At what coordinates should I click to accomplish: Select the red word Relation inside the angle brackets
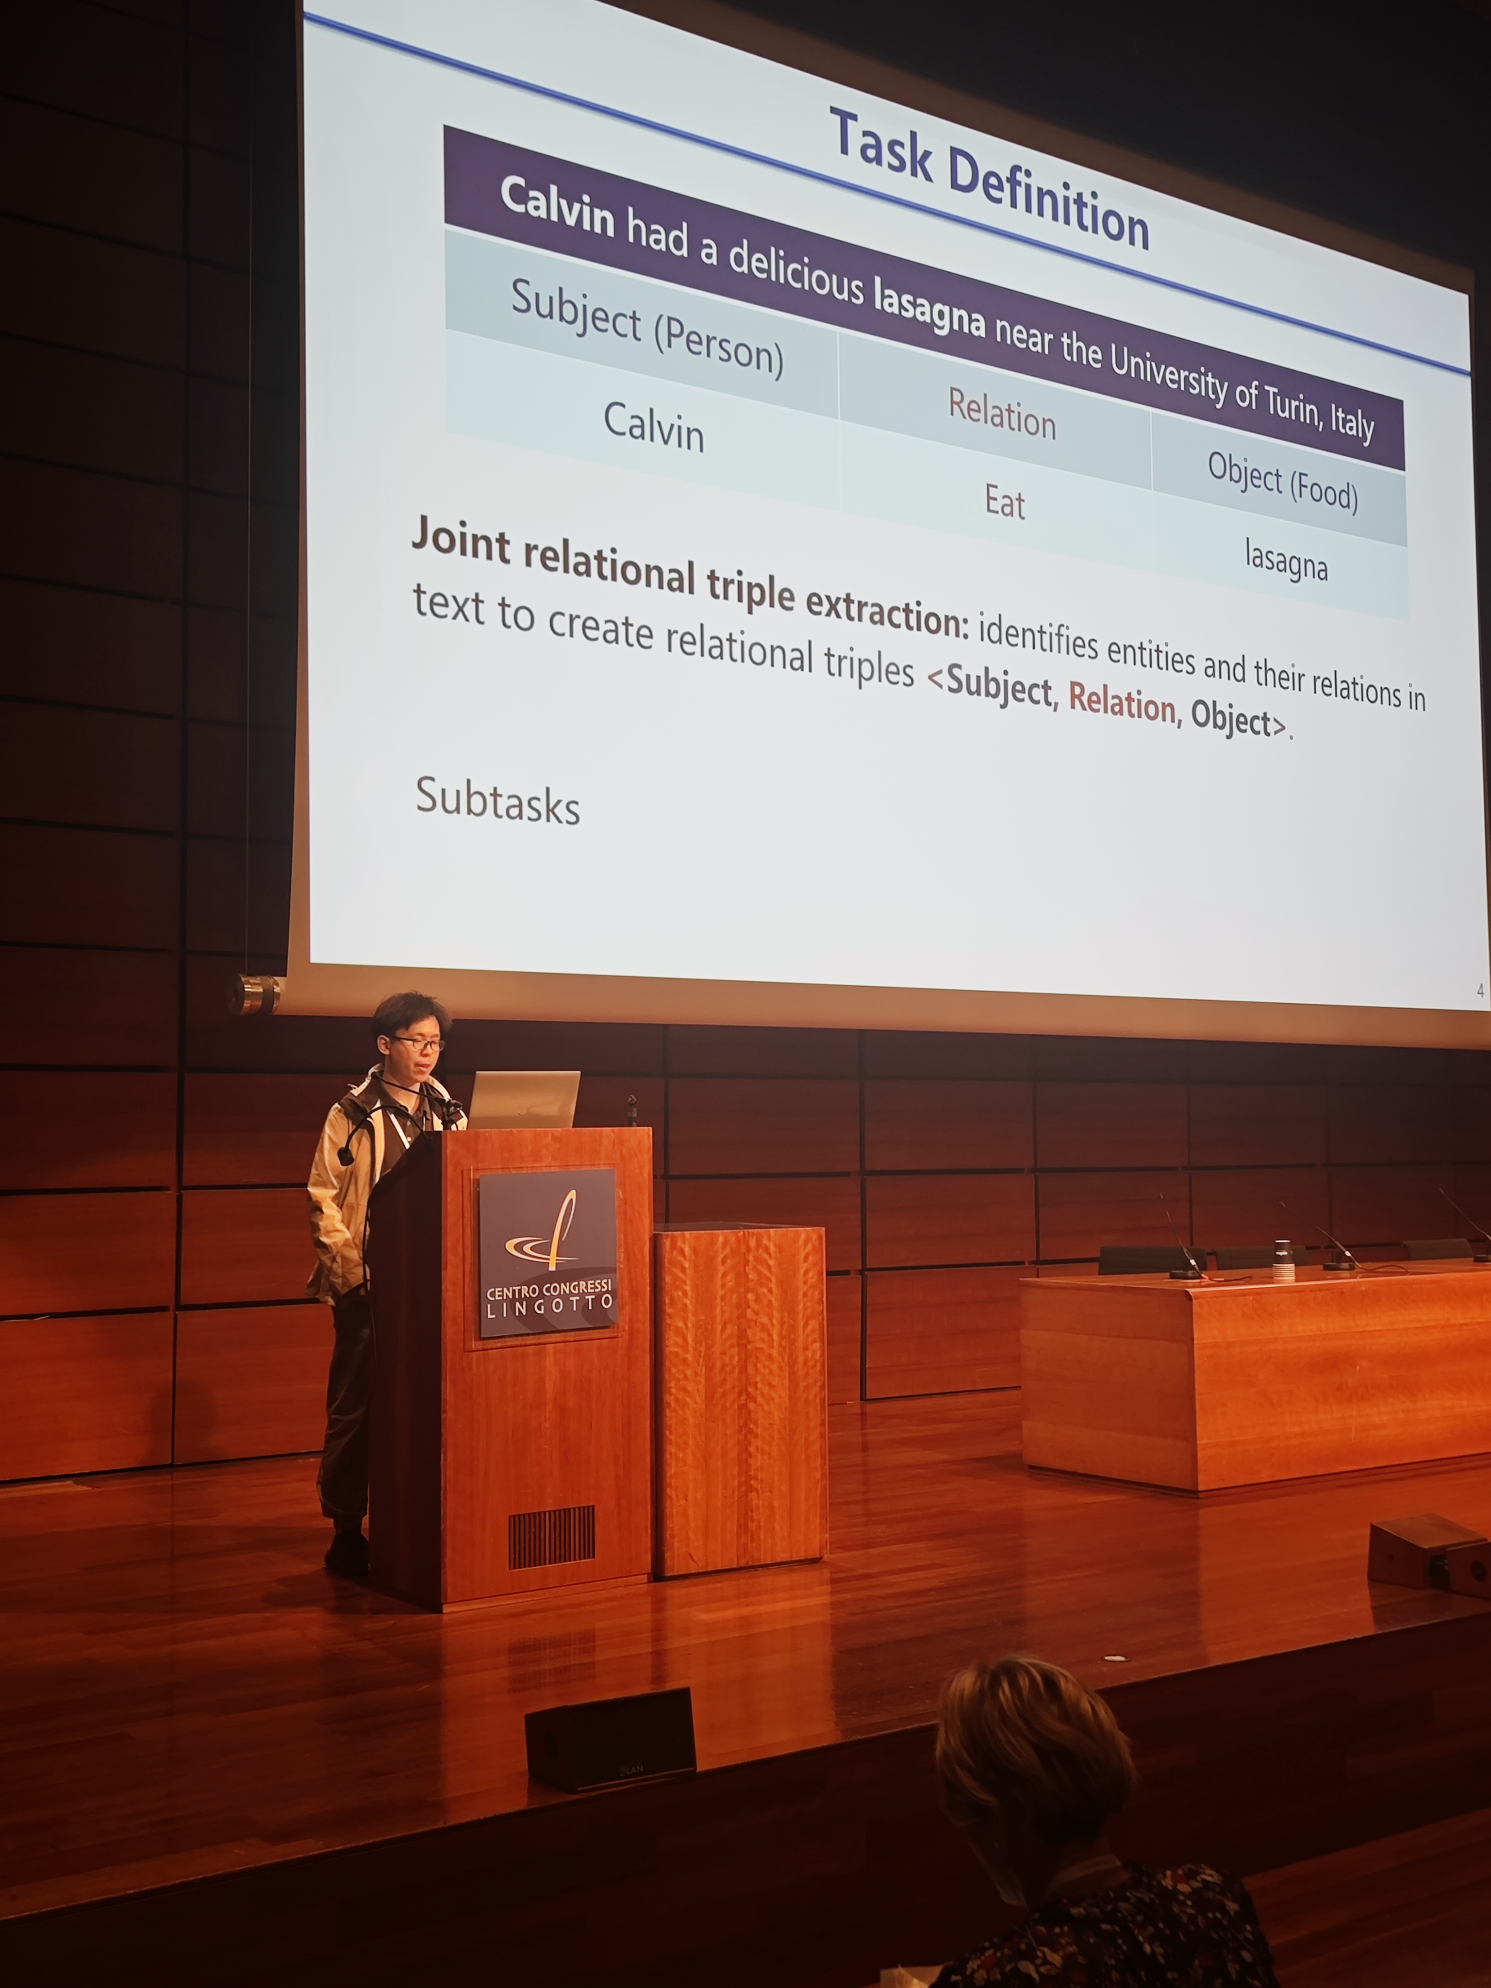[1122, 701]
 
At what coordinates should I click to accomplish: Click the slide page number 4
[1479, 991]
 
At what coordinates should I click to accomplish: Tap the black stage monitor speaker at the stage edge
[610, 1740]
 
